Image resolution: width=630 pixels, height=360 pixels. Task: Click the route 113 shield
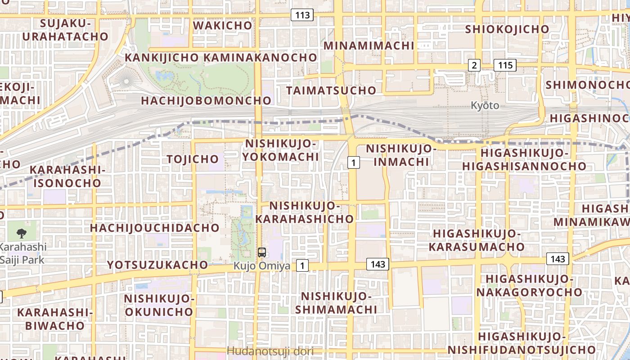coord(302,15)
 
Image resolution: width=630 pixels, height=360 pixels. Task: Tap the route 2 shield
coord(473,65)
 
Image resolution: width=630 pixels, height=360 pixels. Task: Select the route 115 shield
coord(505,65)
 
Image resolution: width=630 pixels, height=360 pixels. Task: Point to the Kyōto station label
coord(485,105)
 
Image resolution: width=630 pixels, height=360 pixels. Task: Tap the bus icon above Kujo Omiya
coord(262,252)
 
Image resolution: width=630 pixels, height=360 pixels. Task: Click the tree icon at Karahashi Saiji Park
coord(21,233)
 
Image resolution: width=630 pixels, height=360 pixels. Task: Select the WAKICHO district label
coord(223,26)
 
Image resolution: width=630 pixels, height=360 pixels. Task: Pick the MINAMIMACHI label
coord(369,45)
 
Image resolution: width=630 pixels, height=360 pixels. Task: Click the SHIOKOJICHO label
coord(507,29)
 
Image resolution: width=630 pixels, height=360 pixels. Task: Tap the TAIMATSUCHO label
coord(331,90)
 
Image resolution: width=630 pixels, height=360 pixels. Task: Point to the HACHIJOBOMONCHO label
coord(207,100)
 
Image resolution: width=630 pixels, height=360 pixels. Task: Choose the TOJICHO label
coord(193,159)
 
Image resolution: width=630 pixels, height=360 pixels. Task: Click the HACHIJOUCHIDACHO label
coord(154,228)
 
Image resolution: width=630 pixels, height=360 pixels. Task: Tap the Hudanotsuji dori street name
coord(270,351)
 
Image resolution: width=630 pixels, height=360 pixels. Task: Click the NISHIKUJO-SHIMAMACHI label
coord(336,303)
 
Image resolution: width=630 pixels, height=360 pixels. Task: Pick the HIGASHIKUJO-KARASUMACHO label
coord(477,240)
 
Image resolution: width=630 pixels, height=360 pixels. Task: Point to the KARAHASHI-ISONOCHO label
coord(67,176)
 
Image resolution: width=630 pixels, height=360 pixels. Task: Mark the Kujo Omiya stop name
coord(262,266)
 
